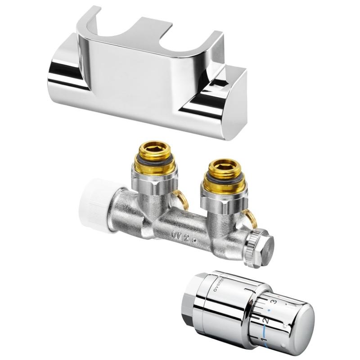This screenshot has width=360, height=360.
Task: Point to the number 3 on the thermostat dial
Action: click(x=273, y=301)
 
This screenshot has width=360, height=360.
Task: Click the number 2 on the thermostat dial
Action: click(x=265, y=320)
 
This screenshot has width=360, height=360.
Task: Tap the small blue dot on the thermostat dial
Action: click(x=269, y=310)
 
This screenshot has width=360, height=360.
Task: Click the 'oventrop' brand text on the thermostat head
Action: click(x=221, y=283)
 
